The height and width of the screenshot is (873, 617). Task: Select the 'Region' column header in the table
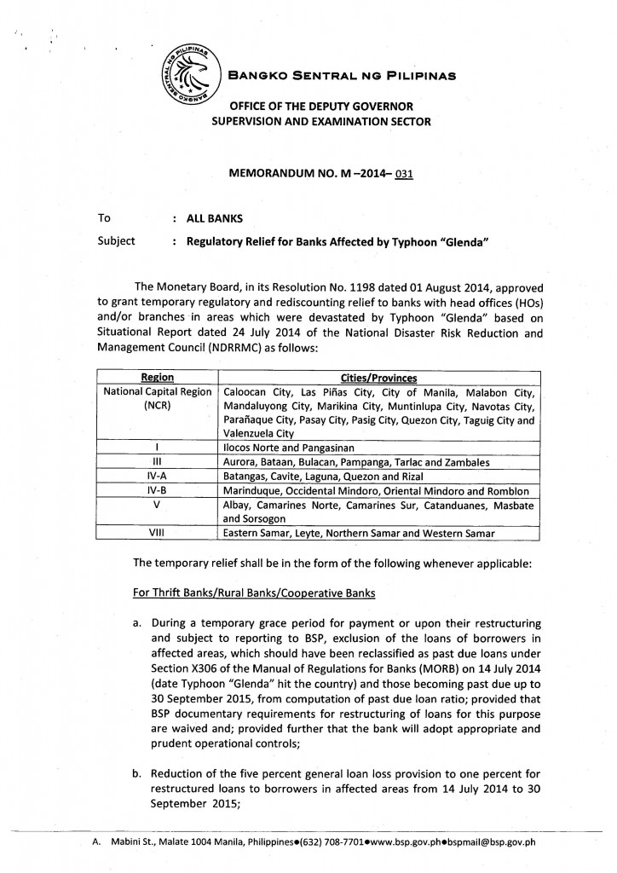[x=157, y=377]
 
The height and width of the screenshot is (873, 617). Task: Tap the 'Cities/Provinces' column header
[x=378, y=377]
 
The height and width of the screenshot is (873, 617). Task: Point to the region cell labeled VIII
[x=157, y=534]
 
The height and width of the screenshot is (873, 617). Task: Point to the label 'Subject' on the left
[x=118, y=241]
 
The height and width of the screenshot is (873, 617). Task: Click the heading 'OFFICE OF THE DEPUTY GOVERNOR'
[x=318, y=106]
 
